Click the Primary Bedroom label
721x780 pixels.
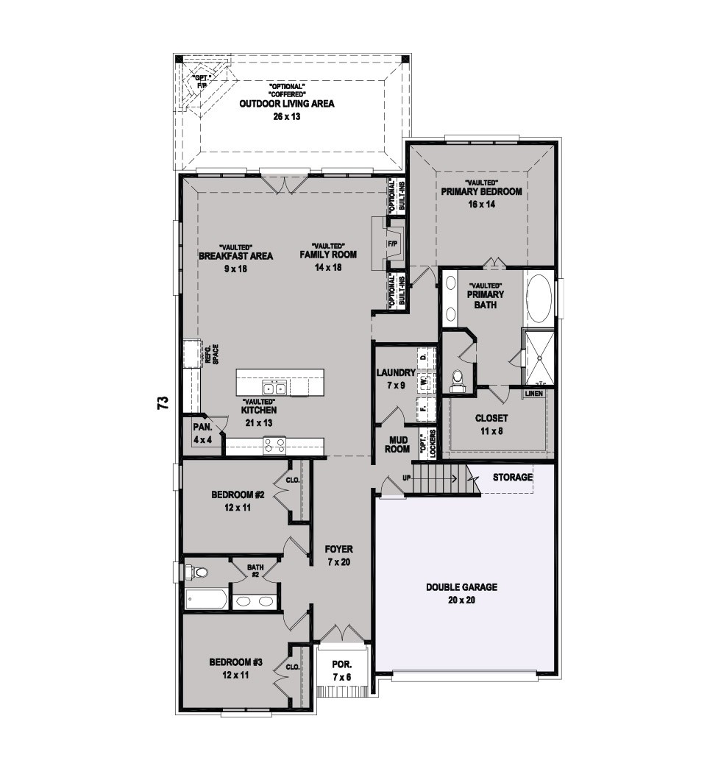coord(481,191)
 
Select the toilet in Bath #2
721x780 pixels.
coord(197,572)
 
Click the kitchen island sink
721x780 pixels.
coord(274,388)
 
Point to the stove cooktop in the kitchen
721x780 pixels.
coord(274,444)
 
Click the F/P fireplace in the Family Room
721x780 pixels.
coord(393,244)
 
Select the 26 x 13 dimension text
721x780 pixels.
coord(287,117)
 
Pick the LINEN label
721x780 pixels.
coord(533,394)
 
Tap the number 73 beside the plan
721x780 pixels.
coord(163,403)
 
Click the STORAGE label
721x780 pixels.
coord(513,478)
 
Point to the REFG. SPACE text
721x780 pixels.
coord(213,354)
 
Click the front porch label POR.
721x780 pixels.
coord(342,664)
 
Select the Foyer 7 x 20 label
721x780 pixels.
coord(339,556)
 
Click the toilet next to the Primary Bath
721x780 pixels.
coord(455,380)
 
